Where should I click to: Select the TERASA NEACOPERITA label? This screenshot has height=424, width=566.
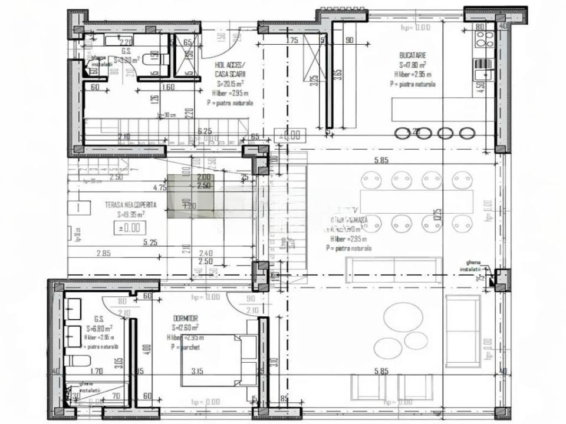coord(131,205)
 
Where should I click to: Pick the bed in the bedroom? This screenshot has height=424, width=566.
coord(218,360)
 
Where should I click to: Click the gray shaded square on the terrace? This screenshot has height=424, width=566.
coord(190,197)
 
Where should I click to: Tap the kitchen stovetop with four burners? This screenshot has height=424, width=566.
coord(485,39)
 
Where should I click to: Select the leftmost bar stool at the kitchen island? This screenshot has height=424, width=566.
coord(403,133)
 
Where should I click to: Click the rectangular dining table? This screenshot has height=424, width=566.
coord(416,201)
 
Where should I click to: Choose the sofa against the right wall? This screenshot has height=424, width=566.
coord(462,323)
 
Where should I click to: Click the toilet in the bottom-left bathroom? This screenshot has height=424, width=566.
coord(77,360)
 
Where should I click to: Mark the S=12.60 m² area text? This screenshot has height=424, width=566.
coord(185,327)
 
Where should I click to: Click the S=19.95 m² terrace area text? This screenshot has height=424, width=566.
coord(131,214)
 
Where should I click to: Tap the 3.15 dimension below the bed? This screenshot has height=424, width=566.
coord(197,371)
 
